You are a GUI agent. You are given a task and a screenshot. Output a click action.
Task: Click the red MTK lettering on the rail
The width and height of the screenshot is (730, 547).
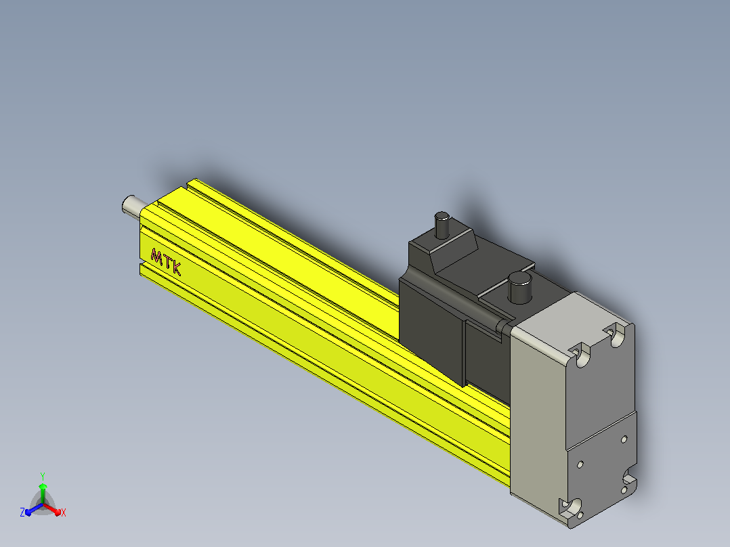click(166, 262)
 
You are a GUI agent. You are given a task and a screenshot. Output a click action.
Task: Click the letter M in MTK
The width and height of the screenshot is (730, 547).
click(156, 257)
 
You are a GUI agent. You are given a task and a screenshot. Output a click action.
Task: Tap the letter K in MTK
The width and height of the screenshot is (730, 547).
click(176, 269)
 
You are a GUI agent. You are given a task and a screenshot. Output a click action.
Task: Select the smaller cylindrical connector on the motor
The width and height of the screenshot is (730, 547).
click(442, 225)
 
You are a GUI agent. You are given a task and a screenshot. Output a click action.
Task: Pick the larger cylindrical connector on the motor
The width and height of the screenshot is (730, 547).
click(519, 288)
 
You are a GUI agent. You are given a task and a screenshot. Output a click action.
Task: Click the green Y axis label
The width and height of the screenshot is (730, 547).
click(43, 476)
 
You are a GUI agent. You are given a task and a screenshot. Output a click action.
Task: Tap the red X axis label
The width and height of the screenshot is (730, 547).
click(64, 512)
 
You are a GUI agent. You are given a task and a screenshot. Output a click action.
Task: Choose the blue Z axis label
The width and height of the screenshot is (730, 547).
click(22, 512)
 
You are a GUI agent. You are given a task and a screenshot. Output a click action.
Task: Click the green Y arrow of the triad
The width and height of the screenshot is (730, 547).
click(43, 494)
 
